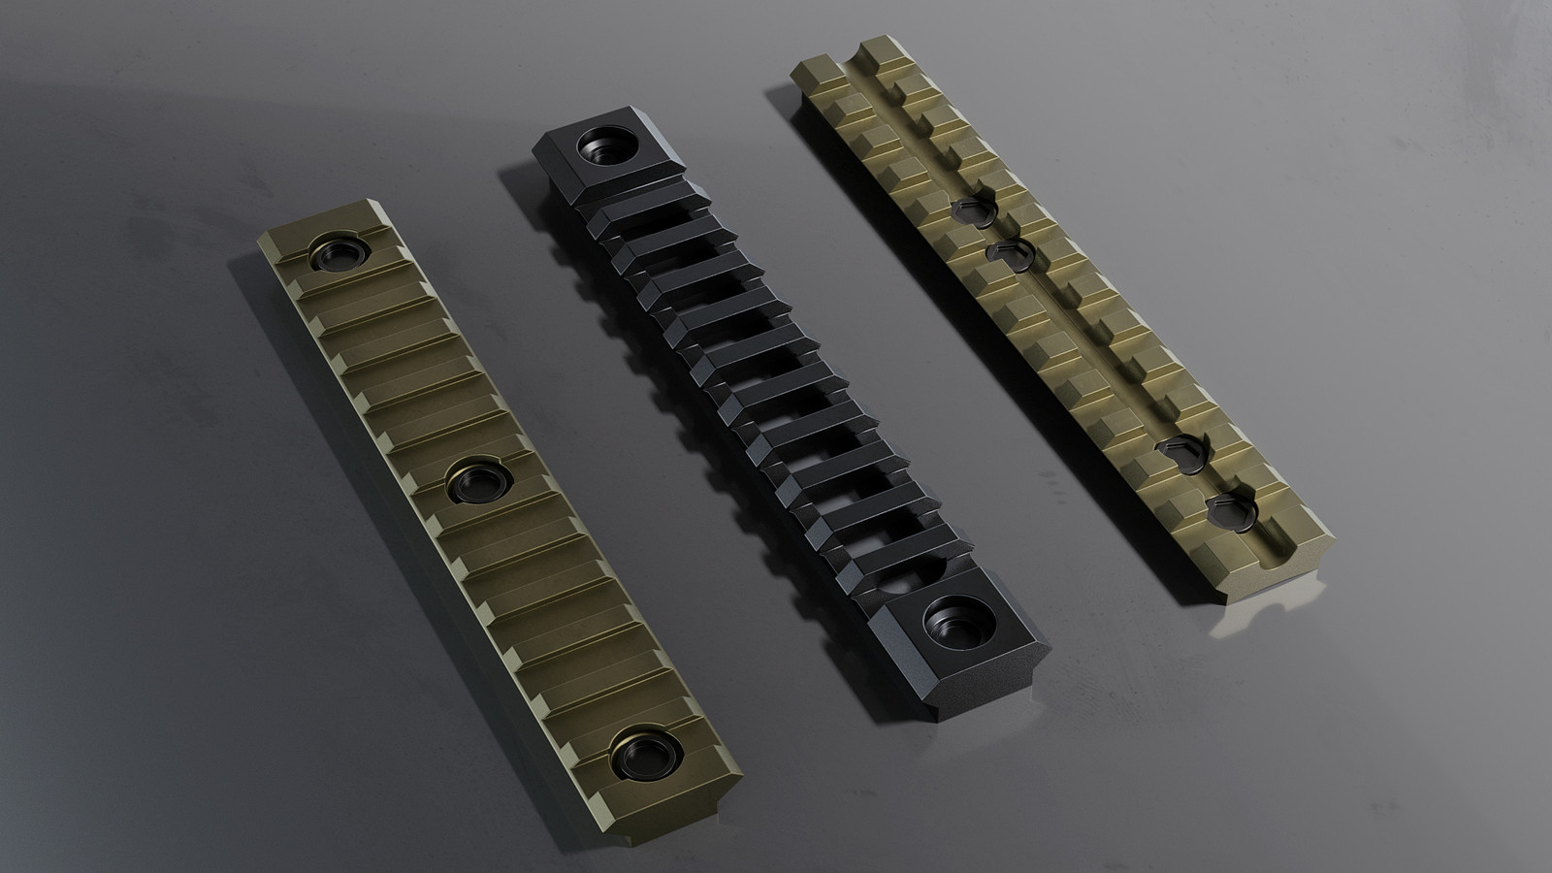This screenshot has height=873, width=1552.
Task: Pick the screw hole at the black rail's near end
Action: coord(951,621)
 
